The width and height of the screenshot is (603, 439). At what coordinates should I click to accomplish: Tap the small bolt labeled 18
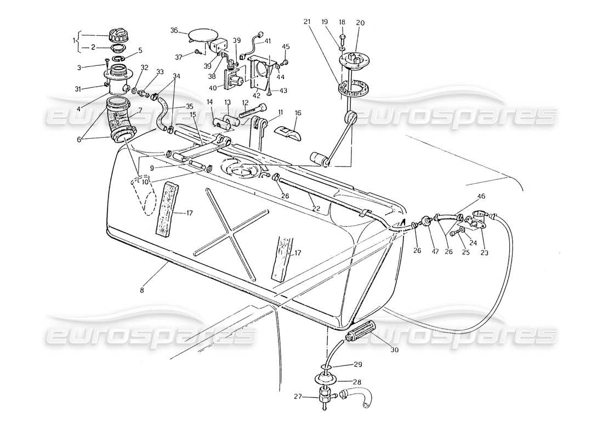(342, 38)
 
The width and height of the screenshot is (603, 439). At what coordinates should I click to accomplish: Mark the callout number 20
(360, 23)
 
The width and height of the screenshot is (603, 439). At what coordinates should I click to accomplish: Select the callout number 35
(189, 106)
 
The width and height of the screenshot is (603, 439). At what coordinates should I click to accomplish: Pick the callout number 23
(485, 253)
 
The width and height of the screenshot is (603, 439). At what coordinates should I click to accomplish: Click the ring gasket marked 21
(352, 88)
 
